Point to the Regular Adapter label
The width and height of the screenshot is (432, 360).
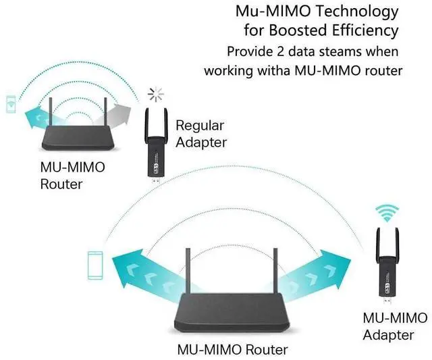200,133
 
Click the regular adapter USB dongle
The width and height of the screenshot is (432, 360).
155,145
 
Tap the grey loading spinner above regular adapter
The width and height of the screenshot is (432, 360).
157,93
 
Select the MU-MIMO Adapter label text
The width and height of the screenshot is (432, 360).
395,326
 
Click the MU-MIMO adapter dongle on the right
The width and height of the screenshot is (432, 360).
387,267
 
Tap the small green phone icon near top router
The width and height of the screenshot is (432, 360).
11,105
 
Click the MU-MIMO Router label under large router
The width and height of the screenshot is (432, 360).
232,350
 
